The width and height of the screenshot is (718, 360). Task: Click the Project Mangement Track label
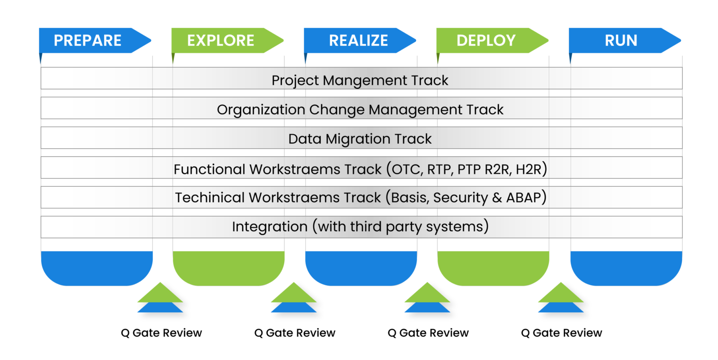tap(360, 80)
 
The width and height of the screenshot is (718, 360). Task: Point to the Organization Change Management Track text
tap(360, 109)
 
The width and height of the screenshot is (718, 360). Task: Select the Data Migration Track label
tap(360, 139)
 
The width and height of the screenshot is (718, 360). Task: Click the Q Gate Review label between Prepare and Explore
tap(161, 333)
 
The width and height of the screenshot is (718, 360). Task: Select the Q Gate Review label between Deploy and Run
tap(561, 333)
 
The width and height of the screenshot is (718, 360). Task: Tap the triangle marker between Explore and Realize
tap(294, 298)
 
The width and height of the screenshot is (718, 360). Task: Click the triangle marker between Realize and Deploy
tap(427, 298)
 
